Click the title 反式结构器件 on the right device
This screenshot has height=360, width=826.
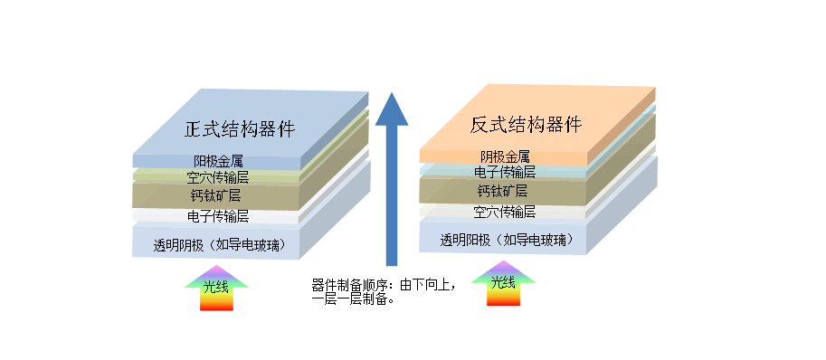(526, 125)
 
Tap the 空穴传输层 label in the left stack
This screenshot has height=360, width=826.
(217, 177)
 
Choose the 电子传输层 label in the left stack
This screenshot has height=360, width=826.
(217, 216)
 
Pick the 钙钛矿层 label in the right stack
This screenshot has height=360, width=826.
(504, 191)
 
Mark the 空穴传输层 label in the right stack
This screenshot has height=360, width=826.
(504, 213)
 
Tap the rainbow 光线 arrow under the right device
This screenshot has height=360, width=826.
(503, 283)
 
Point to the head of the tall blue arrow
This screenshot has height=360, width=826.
(393, 109)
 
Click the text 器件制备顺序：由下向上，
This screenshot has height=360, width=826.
(383, 285)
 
